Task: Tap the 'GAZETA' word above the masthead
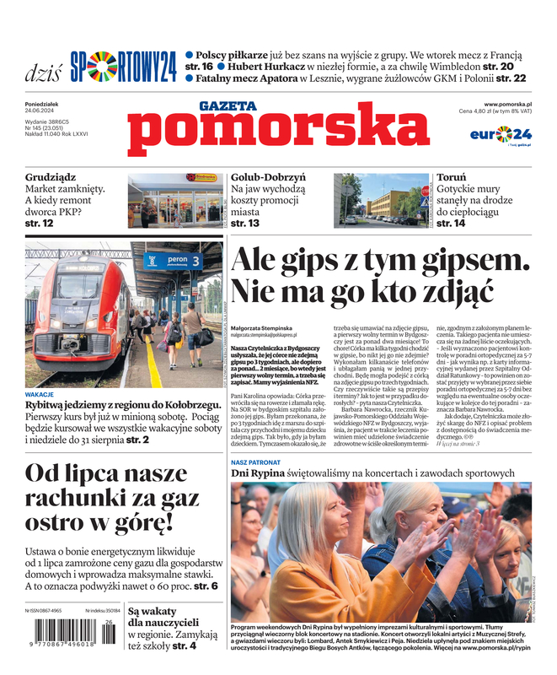(228, 106)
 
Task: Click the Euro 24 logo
(501, 134)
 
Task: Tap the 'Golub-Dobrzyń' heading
(268, 178)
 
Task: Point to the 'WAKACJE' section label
(40, 394)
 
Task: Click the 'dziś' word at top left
(43, 71)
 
